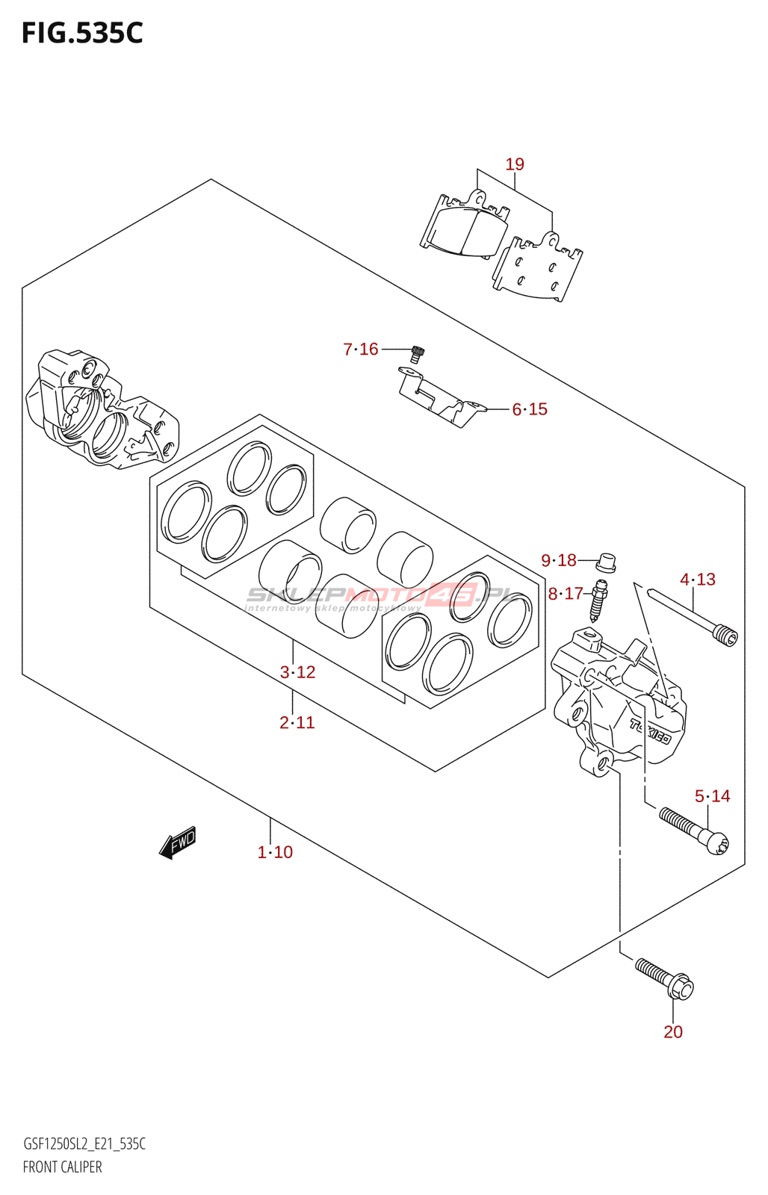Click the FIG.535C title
pyautogui.click(x=82, y=33)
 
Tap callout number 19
pyautogui.click(x=515, y=164)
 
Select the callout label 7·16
pyautogui.click(x=361, y=349)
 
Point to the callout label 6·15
pyautogui.click(x=530, y=409)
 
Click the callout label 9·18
pyautogui.click(x=559, y=560)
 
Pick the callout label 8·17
pyautogui.click(x=566, y=594)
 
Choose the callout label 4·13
pyautogui.click(x=698, y=580)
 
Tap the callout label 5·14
pyautogui.click(x=713, y=796)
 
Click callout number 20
pyautogui.click(x=673, y=1031)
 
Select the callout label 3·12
pyautogui.click(x=297, y=672)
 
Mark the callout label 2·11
pyautogui.click(x=297, y=722)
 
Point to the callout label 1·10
pyautogui.click(x=275, y=852)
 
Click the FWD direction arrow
pyautogui.click(x=178, y=843)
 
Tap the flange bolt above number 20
pyautogui.click(x=664, y=978)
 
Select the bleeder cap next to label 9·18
pyautogui.click(x=607, y=561)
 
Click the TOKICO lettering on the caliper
pyautogui.click(x=650, y=731)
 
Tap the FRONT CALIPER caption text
pyautogui.click(x=63, y=1167)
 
